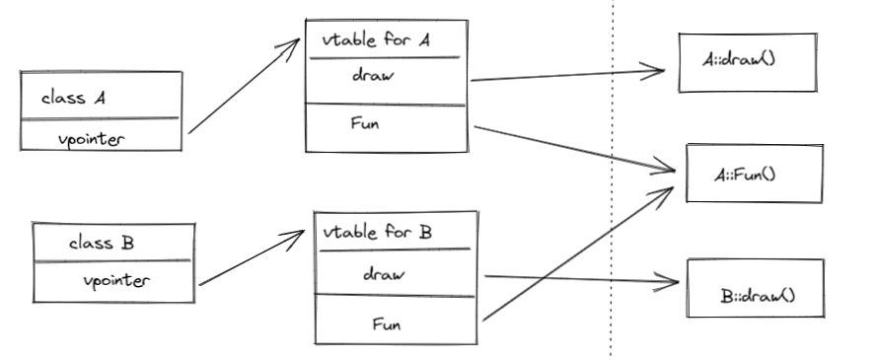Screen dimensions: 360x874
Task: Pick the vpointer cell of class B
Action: click(x=116, y=281)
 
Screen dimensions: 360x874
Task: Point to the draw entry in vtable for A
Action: click(x=374, y=78)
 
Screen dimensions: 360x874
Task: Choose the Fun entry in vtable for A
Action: click(x=367, y=124)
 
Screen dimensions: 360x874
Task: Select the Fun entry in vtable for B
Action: click(x=386, y=322)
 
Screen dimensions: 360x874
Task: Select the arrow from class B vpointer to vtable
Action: click(x=252, y=258)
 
